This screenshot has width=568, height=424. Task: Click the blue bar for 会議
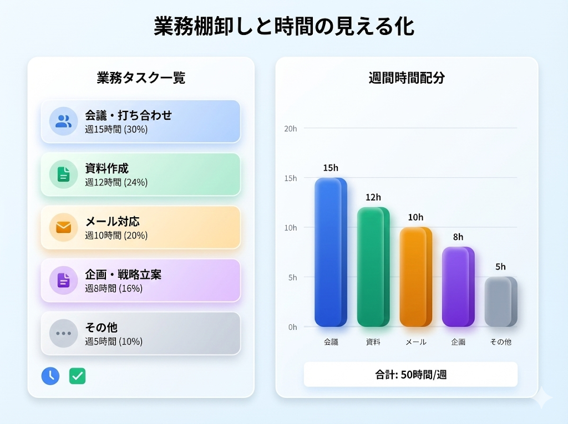331,252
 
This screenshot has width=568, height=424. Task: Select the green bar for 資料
373,267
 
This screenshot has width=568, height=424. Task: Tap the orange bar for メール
416,277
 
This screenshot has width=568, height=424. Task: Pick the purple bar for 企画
458,287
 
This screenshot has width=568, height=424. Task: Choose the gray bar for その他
501,302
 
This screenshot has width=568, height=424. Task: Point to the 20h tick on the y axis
291,129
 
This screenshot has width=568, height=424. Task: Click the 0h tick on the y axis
293,328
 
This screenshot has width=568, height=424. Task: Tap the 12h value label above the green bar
373,197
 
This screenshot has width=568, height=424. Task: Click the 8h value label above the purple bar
458,237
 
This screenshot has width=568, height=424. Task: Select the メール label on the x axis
416,342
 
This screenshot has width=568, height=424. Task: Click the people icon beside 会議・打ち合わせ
63,121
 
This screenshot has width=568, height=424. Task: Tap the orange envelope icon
63,227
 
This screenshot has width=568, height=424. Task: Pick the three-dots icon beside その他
63,334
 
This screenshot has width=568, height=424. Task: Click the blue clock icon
50,376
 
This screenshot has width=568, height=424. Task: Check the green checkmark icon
78,376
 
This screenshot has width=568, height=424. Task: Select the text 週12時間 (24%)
116,182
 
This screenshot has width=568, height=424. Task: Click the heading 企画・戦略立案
123,275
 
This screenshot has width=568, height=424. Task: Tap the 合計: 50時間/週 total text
411,375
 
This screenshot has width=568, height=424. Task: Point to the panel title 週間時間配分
407,78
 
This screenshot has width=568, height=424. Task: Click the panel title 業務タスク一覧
141,78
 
